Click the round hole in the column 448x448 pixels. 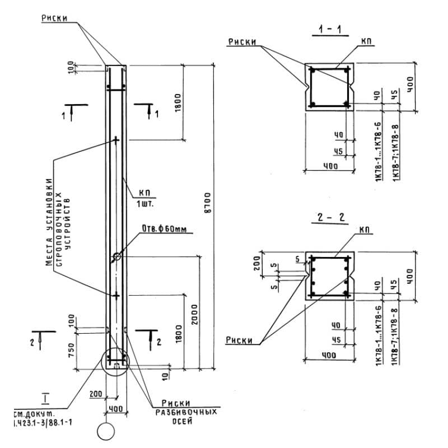(x=116, y=256)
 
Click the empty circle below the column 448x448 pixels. (x=106, y=432)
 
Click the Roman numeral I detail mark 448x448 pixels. (x=45, y=399)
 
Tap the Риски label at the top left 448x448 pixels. (x=54, y=18)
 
